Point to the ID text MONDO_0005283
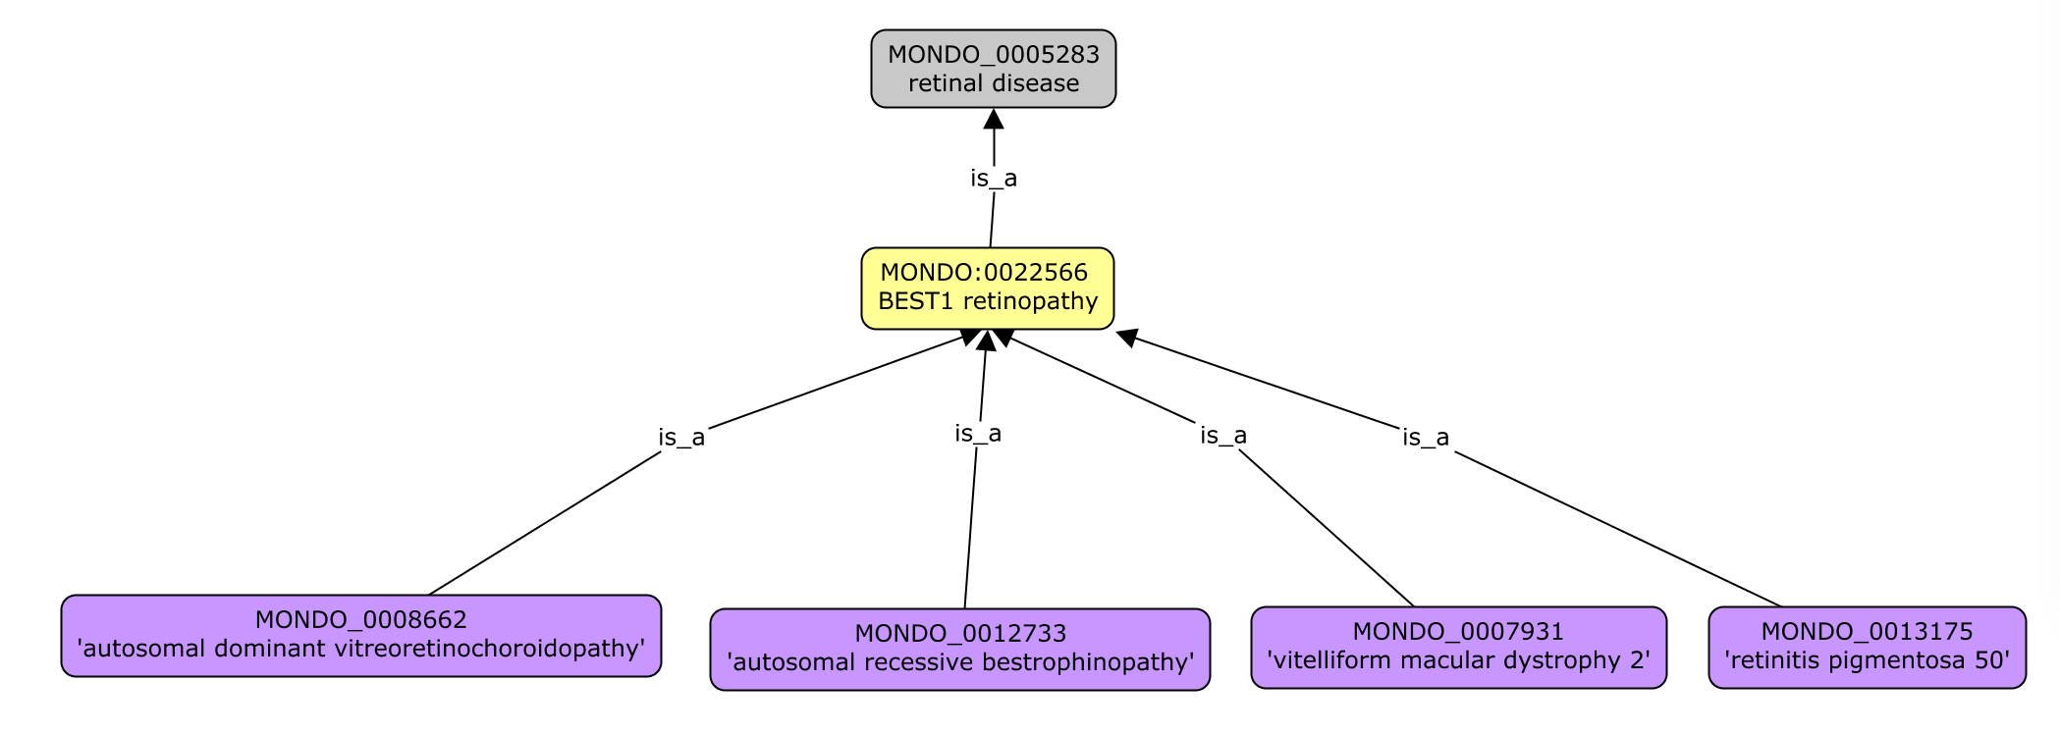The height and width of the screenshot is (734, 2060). [x=993, y=55]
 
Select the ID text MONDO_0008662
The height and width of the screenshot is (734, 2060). [x=360, y=620]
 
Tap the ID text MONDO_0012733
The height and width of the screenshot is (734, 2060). [x=959, y=634]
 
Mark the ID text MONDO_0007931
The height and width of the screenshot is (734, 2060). [x=1458, y=632]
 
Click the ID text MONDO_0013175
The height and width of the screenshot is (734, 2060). [x=1867, y=632]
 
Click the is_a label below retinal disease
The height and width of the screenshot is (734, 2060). [x=994, y=179]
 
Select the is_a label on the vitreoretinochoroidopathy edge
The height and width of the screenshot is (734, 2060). [x=681, y=438]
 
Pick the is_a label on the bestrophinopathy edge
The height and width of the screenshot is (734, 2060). [x=978, y=434]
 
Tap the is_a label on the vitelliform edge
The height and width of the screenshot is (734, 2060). [x=1223, y=436]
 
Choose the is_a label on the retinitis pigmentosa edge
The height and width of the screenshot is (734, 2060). [x=1426, y=438]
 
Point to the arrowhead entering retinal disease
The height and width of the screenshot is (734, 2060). [x=994, y=120]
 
